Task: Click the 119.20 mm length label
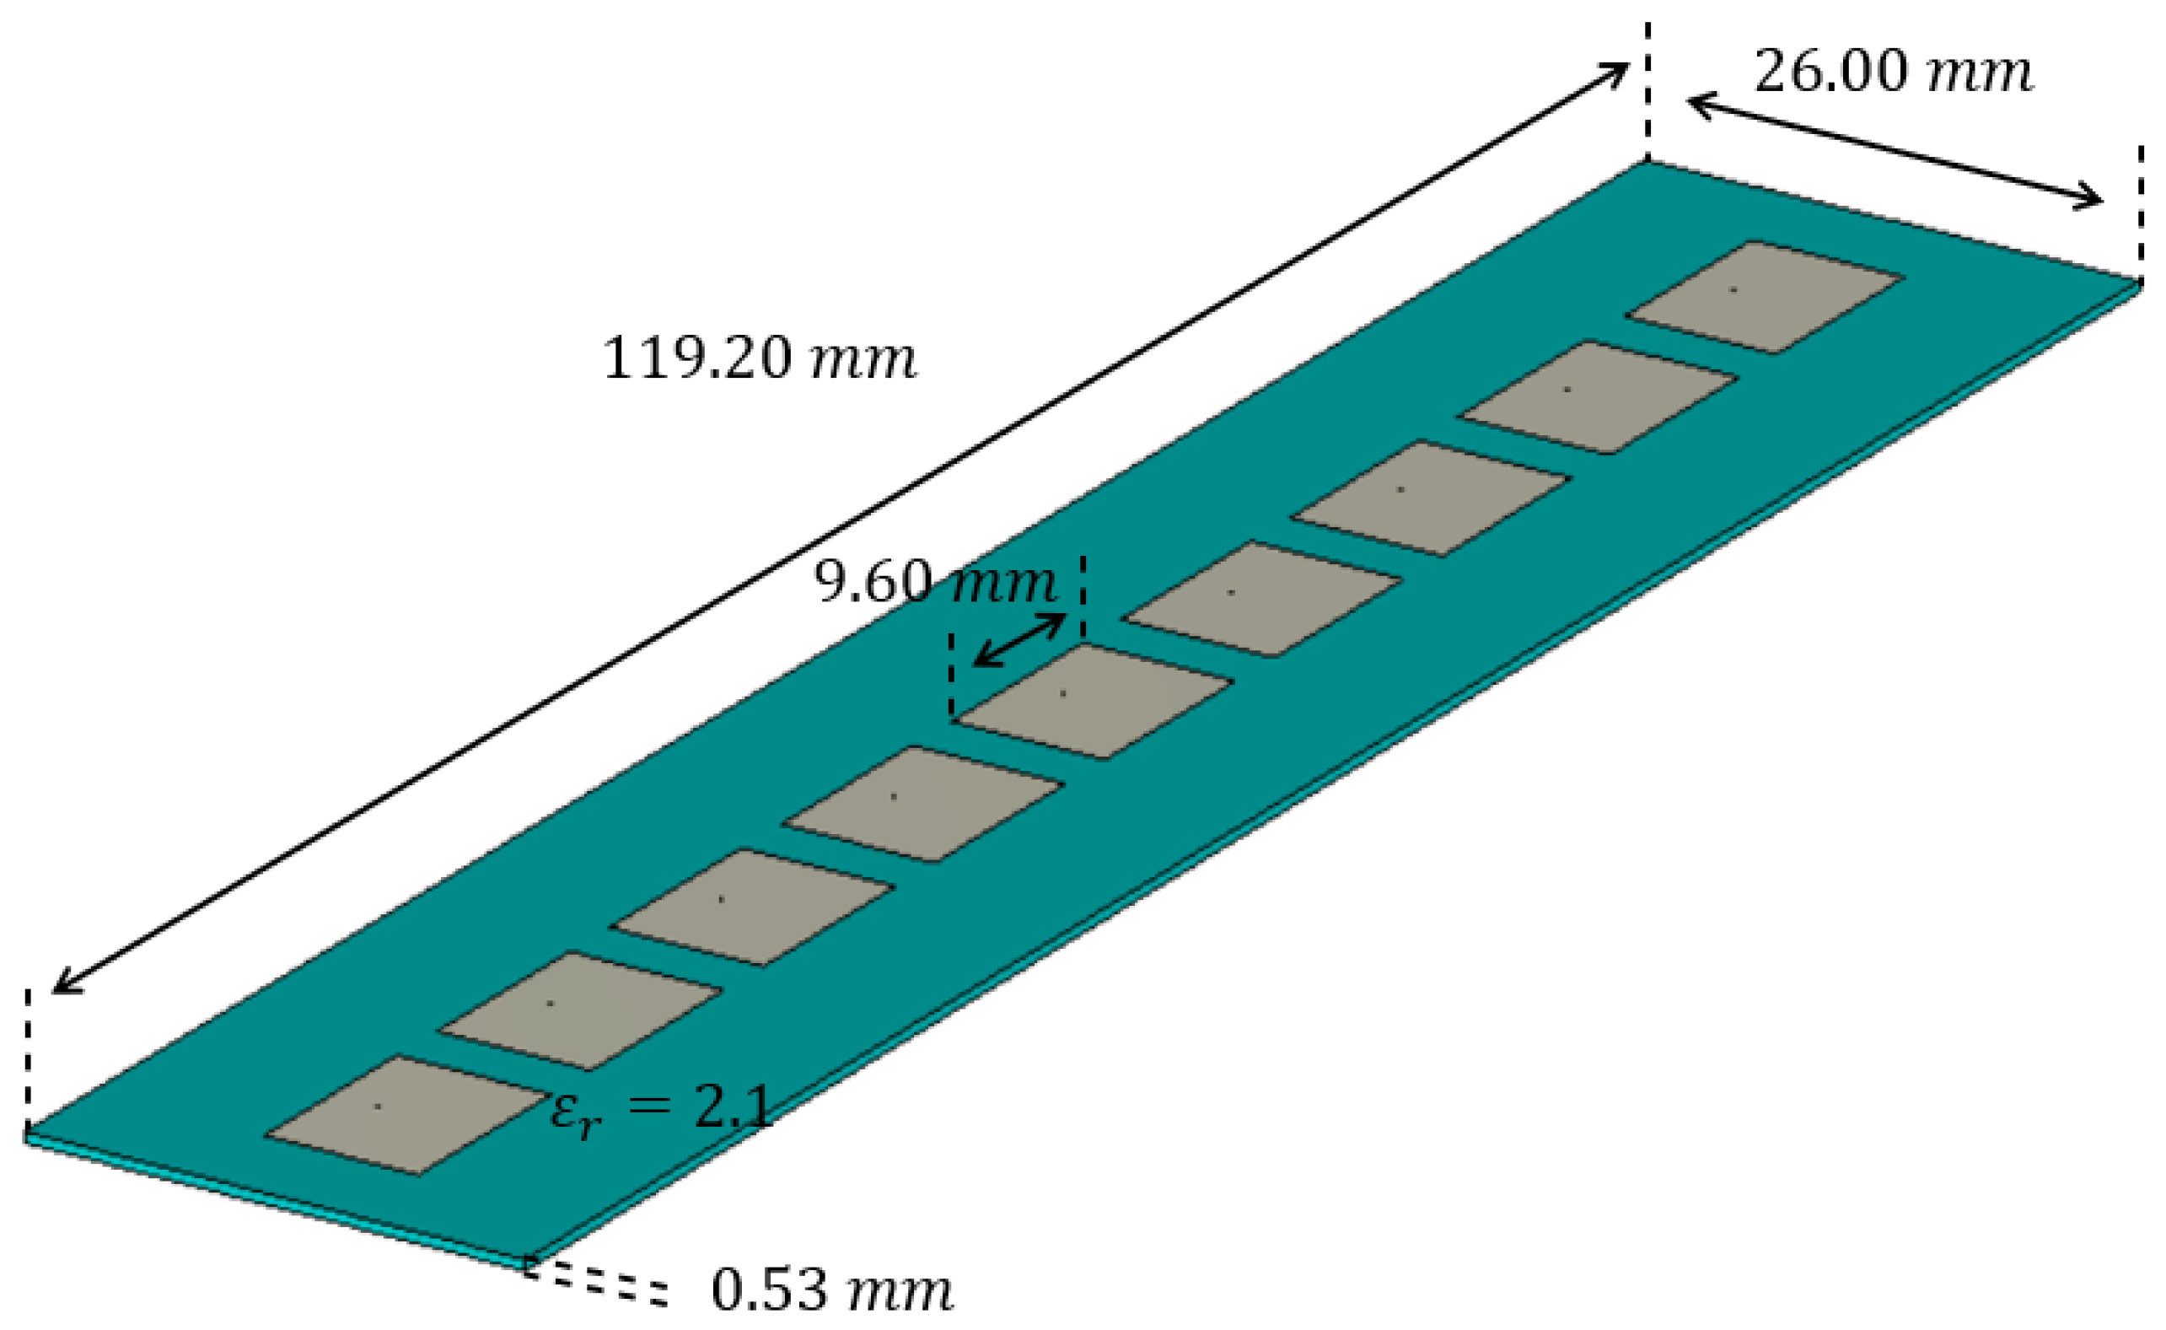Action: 758,359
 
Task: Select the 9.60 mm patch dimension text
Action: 935,582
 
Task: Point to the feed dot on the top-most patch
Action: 1733,289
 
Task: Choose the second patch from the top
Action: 1599,397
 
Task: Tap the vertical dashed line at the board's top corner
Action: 1647,88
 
